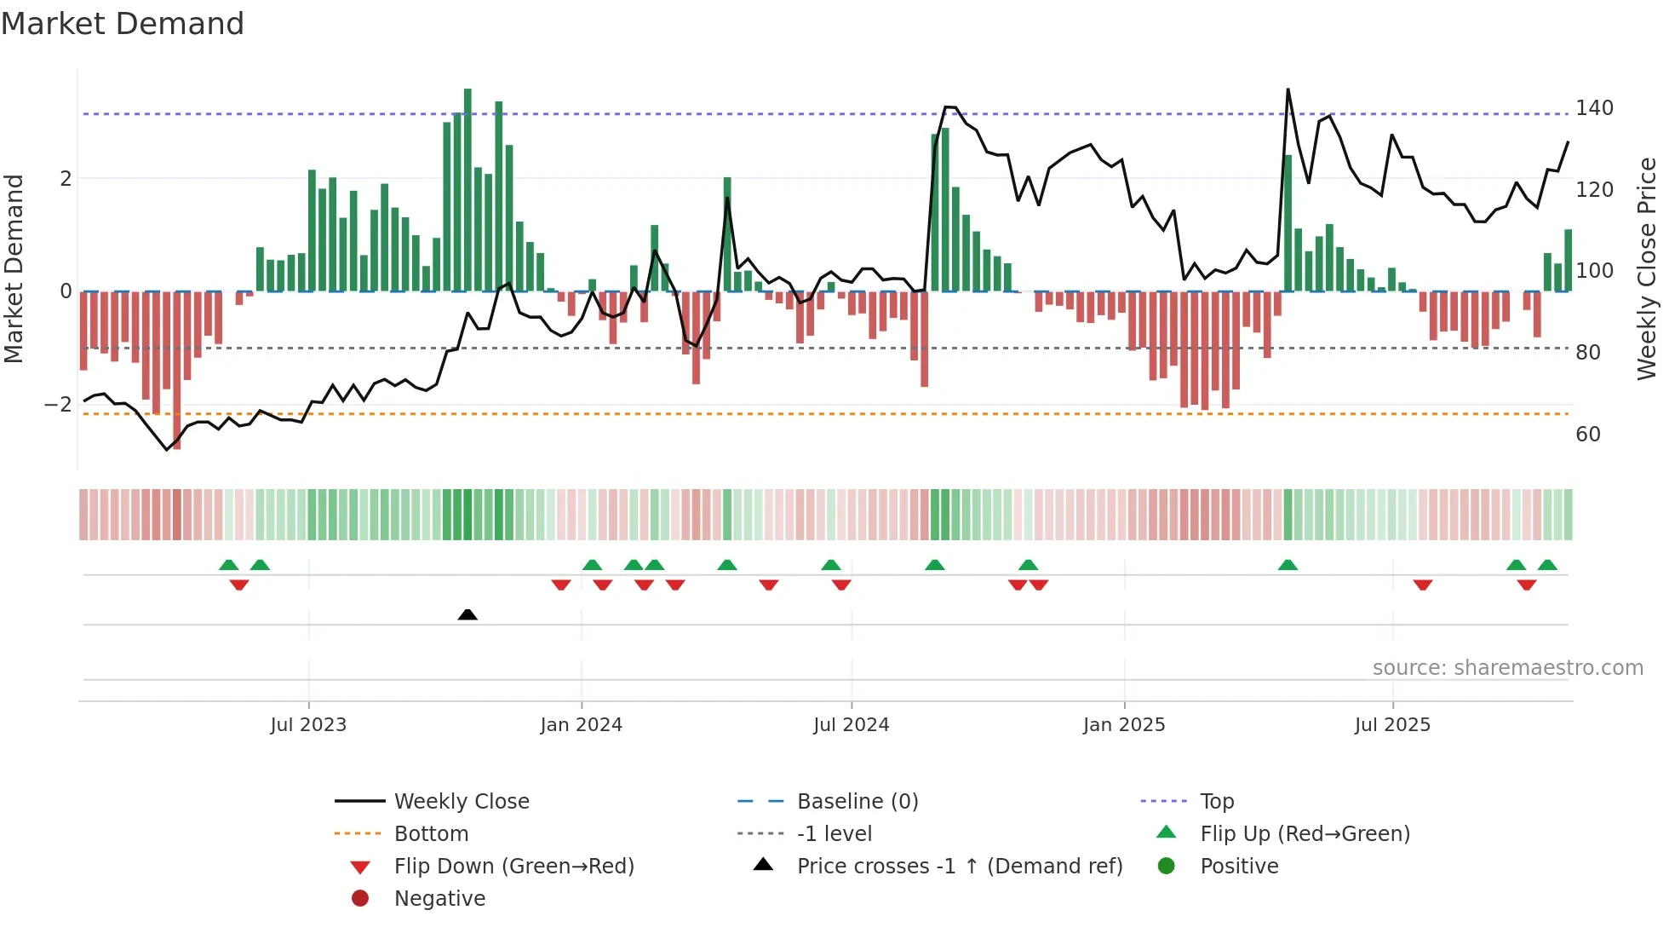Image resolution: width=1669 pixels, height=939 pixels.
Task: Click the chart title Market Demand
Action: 123,24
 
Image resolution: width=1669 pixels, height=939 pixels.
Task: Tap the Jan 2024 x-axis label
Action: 581,725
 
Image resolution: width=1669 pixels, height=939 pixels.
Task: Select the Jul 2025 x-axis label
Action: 1392,725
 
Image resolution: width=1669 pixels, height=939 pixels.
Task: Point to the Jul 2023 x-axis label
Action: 308,725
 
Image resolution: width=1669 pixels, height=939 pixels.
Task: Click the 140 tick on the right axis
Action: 1594,108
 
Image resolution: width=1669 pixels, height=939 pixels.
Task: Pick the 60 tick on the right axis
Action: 1588,435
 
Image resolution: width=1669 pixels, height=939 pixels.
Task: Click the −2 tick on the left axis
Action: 58,404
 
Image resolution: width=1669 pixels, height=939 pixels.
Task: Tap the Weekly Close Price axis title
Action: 1647,268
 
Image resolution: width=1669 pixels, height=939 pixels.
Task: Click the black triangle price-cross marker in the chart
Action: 467,614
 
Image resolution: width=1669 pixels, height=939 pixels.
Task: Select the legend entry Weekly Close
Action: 461,802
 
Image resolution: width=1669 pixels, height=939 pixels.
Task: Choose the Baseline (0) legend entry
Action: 857,802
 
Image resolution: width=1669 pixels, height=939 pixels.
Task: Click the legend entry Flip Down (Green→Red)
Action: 513,867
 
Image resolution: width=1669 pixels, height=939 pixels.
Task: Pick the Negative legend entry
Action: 439,899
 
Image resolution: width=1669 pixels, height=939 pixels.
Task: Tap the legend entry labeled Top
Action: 1216,802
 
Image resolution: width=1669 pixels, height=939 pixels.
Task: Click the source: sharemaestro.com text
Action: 1507,668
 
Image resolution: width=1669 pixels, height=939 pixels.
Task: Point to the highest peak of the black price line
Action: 1288,90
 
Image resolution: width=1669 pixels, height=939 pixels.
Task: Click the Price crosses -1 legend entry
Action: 959,867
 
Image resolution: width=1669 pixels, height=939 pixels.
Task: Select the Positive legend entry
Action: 1239,867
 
